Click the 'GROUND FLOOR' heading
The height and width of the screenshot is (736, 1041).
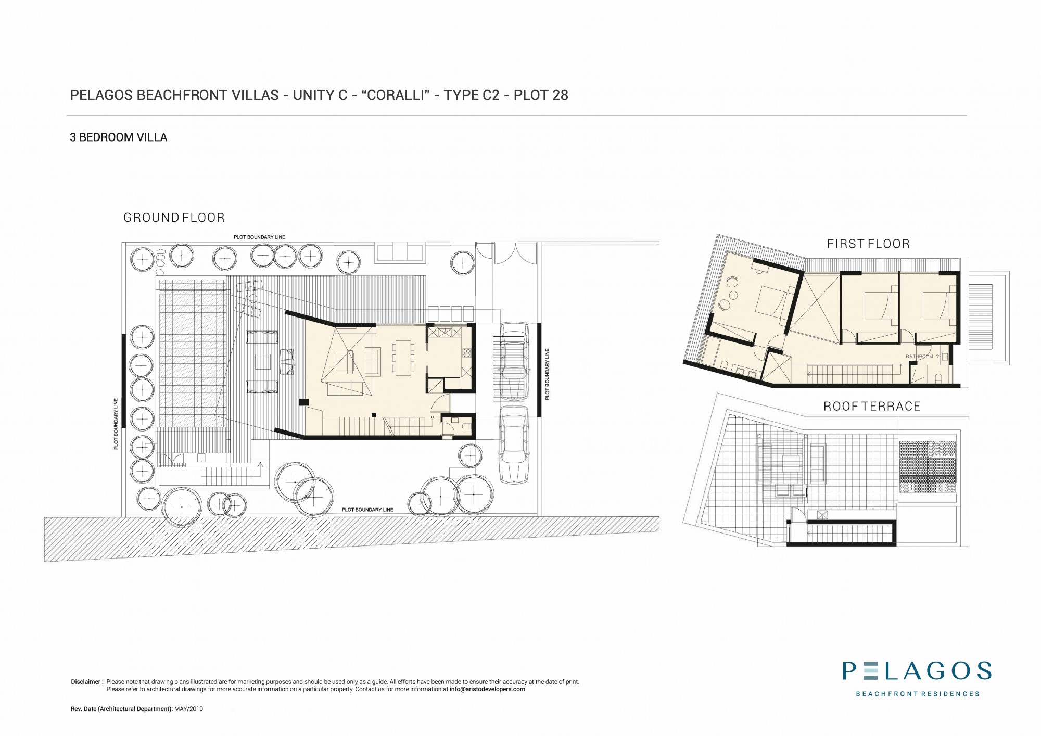point(174,218)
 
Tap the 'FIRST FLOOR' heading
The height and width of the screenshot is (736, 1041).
point(868,244)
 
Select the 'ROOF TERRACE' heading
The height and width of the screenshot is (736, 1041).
point(872,406)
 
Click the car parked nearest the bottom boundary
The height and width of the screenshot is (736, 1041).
point(513,445)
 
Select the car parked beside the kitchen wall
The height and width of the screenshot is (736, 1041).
point(514,361)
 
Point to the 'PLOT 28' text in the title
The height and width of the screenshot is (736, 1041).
point(541,95)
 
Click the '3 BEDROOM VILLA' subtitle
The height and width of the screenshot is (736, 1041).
point(119,137)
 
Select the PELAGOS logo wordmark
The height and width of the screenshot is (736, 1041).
point(917,670)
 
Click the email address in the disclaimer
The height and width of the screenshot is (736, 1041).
point(487,689)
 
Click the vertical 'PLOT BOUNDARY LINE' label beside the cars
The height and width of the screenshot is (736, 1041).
point(547,374)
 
